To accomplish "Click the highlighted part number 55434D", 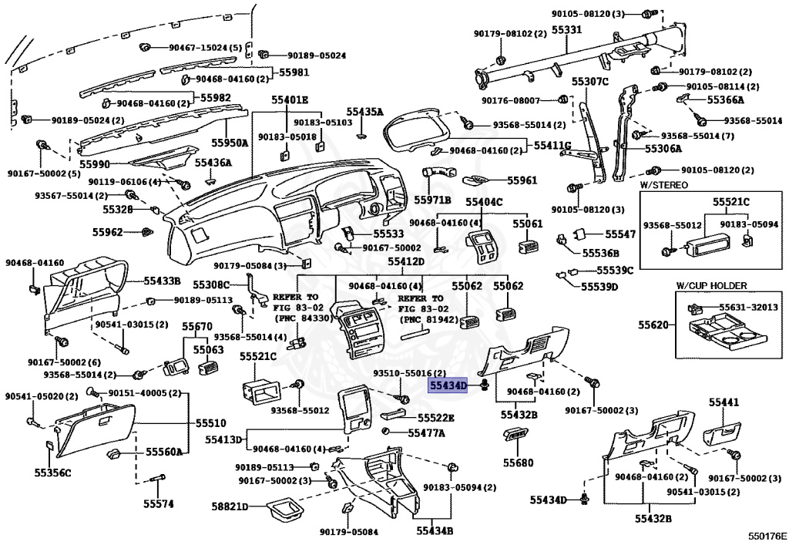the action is point(448,386).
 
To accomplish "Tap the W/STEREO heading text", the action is point(663,185).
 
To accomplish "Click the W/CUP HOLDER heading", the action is point(711,285).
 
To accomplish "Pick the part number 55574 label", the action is point(159,503).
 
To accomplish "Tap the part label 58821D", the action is point(230,506).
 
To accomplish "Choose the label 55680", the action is point(519,462).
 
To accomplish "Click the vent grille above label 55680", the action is point(515,435).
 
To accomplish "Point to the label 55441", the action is point(724,402).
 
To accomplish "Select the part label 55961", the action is point(522,180).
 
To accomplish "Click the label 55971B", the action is point(432,200).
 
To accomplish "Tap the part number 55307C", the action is point(589,81).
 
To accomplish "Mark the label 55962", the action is point(107,232).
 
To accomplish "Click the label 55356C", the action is point(53,473).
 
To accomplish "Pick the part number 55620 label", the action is point(653,325).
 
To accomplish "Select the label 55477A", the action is point(426,432).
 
